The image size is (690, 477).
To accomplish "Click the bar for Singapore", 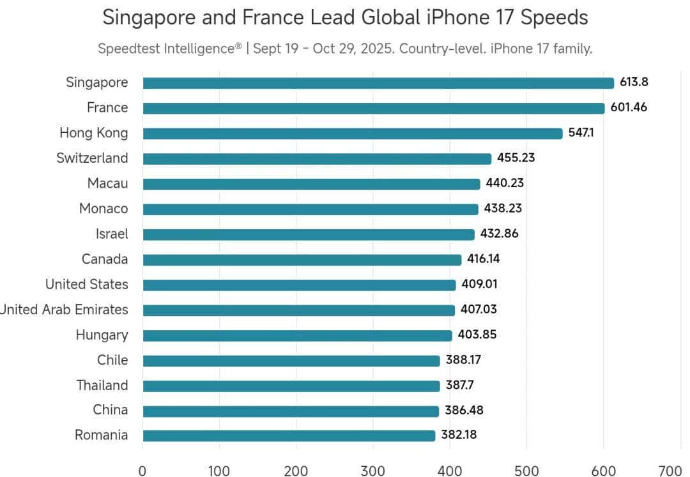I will click(378, 83).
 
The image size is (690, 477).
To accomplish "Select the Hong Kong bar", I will click(352, 133).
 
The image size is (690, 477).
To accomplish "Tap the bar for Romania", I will click(289, 435).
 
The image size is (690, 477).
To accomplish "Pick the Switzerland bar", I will click(317, 158).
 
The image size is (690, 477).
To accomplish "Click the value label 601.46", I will click(629, 107).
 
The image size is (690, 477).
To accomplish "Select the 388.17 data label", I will click(463, 360).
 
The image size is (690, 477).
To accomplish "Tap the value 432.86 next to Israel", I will click(499, 234).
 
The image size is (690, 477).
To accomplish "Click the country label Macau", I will click(107, 183).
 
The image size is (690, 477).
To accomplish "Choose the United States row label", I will click(86, 284).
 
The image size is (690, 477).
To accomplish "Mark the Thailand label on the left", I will click(102, 385).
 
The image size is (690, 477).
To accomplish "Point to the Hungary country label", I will click(102, 335).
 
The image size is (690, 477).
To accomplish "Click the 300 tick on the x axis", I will click(372, 471).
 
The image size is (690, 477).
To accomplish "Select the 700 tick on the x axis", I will click(670, 471).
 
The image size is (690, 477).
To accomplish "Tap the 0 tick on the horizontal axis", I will click(142, 471).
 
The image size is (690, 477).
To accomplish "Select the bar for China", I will click(291, 411).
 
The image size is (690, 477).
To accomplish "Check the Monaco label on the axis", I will click(103, 209).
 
